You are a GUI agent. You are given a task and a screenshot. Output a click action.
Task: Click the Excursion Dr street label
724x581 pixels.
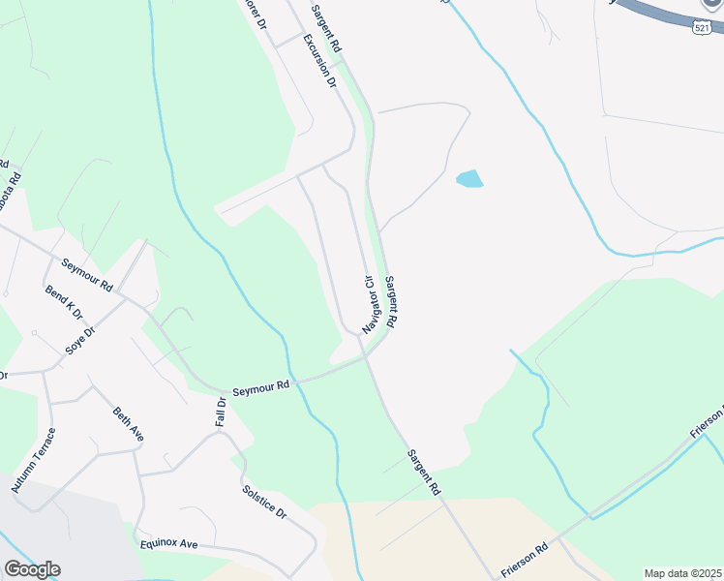[x=318, y=61]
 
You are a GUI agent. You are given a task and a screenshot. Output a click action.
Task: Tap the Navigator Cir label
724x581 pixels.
[x=369, y=304]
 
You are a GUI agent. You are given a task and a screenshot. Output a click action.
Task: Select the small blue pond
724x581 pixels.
[x=469, y=178]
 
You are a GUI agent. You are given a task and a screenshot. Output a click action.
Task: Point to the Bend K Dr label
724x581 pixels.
[x=64, y=302]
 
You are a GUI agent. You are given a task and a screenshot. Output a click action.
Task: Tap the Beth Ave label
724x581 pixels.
[x=129, y=424]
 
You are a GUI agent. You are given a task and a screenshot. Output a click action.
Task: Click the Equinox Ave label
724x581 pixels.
[x=168, y=544]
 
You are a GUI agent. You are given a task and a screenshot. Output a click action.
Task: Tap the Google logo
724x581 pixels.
[x=31, y=569]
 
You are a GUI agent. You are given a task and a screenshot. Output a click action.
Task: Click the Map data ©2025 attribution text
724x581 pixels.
[x=682, y=573]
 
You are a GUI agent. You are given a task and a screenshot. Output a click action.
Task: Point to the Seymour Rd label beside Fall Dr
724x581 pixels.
[x=260, y=385]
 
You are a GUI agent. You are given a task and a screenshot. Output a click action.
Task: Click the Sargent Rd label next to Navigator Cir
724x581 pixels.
[x=392, y=300]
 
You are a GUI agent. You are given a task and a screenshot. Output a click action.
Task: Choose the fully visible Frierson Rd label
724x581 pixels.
[x=524, y=560]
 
